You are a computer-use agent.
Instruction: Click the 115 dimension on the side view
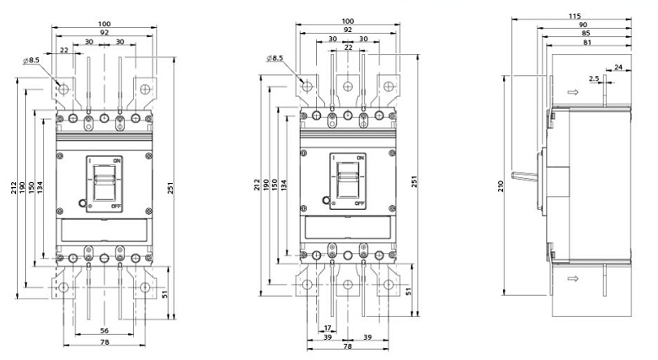tap(575, 16)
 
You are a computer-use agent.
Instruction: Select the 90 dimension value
tap(583, 24)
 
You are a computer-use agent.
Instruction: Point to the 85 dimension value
tap(586, 33)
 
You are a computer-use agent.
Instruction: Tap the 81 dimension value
tap(586, 42)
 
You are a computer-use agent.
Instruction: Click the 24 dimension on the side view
tap(618, 67)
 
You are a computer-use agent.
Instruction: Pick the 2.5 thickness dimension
tap(594, 78)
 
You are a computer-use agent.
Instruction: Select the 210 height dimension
tap(500, 186)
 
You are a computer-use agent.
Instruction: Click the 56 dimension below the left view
tap(104, 331)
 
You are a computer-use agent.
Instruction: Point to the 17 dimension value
tap(328, 328)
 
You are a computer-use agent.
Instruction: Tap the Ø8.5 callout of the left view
tap(31, 61)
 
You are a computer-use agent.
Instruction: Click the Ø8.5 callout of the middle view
tap(275, 58)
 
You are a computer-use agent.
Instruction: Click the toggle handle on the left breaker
tap(104, 182)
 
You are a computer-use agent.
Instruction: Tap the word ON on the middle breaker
tap(360, 158)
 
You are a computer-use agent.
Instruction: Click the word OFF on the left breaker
tap(116, 207)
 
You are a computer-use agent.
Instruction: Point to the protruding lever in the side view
tap(525, 176)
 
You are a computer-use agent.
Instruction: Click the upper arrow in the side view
tap(573, 92)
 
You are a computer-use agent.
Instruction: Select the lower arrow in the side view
tap(573, 278)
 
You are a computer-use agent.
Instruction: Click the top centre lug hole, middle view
tap(347, 87)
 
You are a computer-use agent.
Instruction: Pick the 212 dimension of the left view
tap(13, 188)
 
